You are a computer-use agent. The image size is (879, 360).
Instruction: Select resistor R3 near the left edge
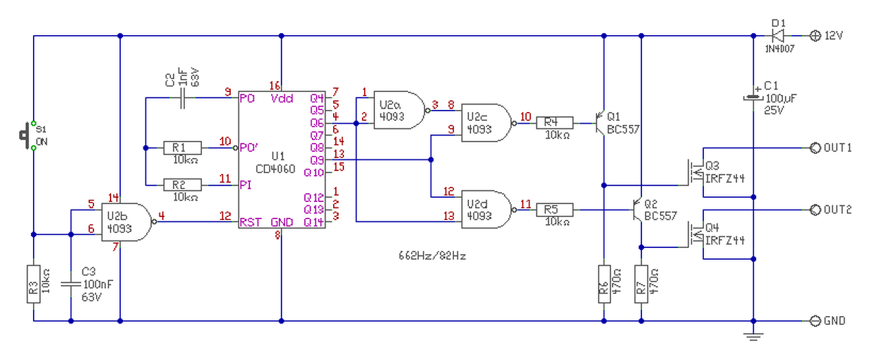pos(34,284)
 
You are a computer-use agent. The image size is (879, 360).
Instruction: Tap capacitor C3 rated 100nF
pos(71,284)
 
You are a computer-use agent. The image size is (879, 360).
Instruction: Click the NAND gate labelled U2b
pos(127,222)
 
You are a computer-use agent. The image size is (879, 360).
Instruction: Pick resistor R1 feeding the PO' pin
pos(183,148)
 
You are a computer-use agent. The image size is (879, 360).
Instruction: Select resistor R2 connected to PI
pos(183,185)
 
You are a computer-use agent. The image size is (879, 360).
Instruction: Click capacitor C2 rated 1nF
pos(182,98)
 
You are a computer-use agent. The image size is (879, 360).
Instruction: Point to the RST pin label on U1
pos(251,222)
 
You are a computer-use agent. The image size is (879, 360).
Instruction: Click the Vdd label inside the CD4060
pos(282,98)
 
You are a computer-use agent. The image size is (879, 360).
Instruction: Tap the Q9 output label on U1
pos(317,160)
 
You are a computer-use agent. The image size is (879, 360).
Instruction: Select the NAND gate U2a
pos(400,111)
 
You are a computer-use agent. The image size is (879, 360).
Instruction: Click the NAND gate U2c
pos(488,123)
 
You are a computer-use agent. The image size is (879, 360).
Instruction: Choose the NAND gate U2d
pos(488,210)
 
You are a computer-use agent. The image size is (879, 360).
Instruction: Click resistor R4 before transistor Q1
pos(554,123)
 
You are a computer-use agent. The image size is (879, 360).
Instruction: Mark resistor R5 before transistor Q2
pos(554,210)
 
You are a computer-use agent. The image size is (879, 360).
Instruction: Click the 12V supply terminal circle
pos(815,36)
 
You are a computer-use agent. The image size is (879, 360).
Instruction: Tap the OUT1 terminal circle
pos(815,148)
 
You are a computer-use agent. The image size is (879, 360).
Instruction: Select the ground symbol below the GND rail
pos(753,337)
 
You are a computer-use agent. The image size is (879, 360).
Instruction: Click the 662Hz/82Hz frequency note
pos(432,256)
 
